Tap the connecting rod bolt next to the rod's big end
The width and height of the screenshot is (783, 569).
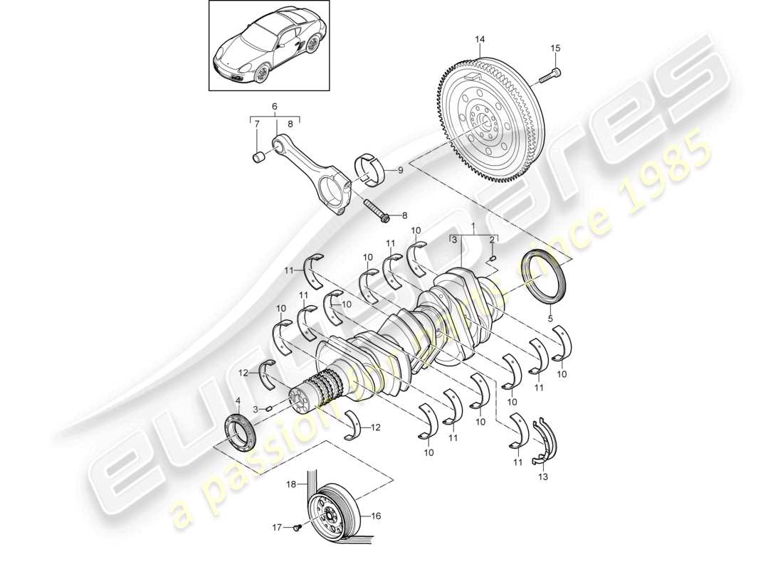[x=376, y=211]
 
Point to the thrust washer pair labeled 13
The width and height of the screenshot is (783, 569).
[x=544, y=437]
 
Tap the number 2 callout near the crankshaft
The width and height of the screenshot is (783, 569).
[x=491, y=240]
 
